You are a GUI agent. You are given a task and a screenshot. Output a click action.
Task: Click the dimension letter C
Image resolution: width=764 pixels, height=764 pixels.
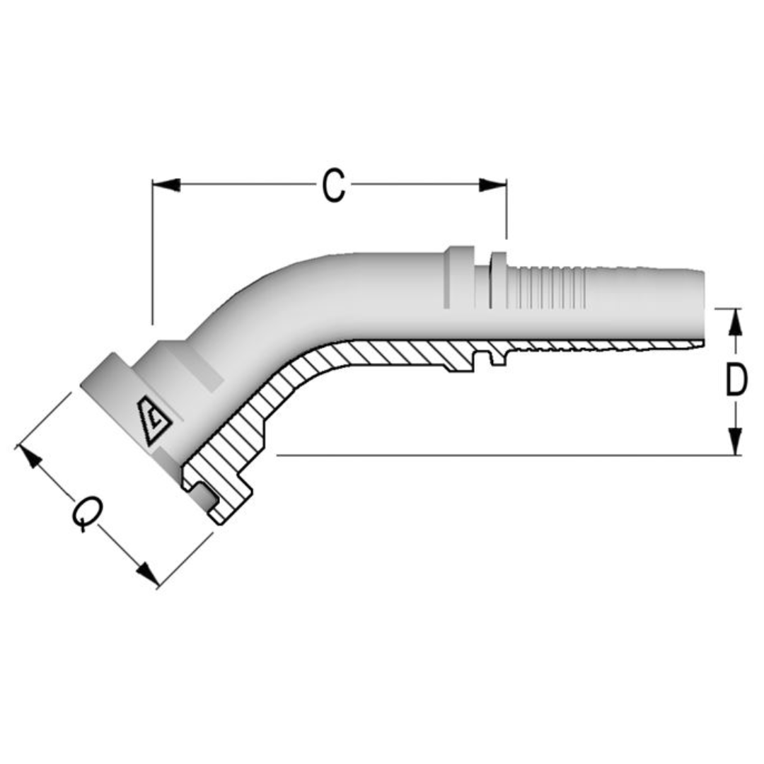pos(333,186)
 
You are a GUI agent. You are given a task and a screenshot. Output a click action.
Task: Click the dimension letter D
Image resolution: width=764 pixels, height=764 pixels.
pos(736,381)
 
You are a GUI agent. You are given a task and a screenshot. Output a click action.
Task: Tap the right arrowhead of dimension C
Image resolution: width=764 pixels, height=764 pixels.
pos(492,185)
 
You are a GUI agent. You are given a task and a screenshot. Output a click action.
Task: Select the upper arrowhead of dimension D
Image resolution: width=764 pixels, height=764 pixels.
pos(736,322)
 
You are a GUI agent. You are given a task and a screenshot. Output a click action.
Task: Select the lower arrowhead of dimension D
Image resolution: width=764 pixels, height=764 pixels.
pos(736,441)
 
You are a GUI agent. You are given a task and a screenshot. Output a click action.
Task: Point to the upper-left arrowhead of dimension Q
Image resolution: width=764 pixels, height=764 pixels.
pos(29,457)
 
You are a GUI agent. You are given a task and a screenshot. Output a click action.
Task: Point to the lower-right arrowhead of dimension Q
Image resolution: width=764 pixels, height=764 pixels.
pos(147,574)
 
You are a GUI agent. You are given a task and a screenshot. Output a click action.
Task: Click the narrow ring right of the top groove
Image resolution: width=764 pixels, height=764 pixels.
pos(498,279)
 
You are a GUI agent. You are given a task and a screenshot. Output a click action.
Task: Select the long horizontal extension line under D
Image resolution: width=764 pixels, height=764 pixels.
pos(495,455)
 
